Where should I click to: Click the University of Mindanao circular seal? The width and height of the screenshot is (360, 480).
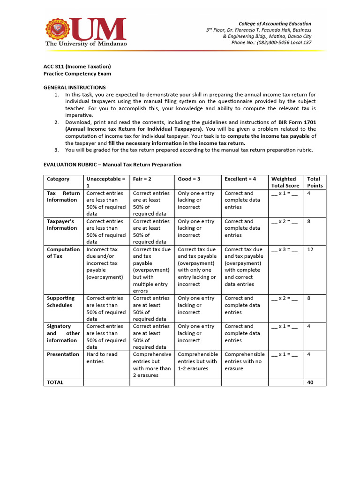click(57, 29)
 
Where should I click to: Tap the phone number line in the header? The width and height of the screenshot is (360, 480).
click(271, 43)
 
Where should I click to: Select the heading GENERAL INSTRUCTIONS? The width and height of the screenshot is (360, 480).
click(75, 88)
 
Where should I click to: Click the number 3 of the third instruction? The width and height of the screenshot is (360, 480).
click(56, 150)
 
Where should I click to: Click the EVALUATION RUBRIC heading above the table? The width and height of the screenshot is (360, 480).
click(112, 165)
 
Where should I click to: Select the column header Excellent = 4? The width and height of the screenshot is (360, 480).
click(240, 179)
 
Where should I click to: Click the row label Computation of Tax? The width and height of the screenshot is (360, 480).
click(63, 253)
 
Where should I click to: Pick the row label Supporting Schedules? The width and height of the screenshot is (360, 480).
click(60, 301)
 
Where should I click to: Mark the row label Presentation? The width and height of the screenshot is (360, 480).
click(63, 354)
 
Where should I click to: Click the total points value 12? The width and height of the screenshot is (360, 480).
click(310, 249)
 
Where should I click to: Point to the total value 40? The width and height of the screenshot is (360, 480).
click(310, 382)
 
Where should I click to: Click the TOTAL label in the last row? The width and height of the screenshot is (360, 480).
click(55, 382)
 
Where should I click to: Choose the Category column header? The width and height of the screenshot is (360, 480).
click(58, 179)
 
